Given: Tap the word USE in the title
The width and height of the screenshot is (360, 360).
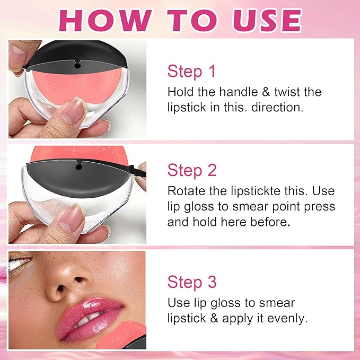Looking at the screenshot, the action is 267,21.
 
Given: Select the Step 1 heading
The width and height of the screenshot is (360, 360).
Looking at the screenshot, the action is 191,71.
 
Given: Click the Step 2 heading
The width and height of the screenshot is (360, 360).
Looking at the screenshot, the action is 192,170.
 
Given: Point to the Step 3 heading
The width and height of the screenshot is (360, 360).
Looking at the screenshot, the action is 192,282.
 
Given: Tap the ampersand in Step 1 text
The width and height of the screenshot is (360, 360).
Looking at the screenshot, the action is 266,92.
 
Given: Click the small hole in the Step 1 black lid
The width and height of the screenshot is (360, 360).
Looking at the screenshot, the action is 77,66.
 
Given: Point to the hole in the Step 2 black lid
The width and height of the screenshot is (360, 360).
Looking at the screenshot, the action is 78,167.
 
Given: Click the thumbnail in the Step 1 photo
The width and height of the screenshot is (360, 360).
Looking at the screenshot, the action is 73,111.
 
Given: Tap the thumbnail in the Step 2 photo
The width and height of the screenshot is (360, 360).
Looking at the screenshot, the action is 71,218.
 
